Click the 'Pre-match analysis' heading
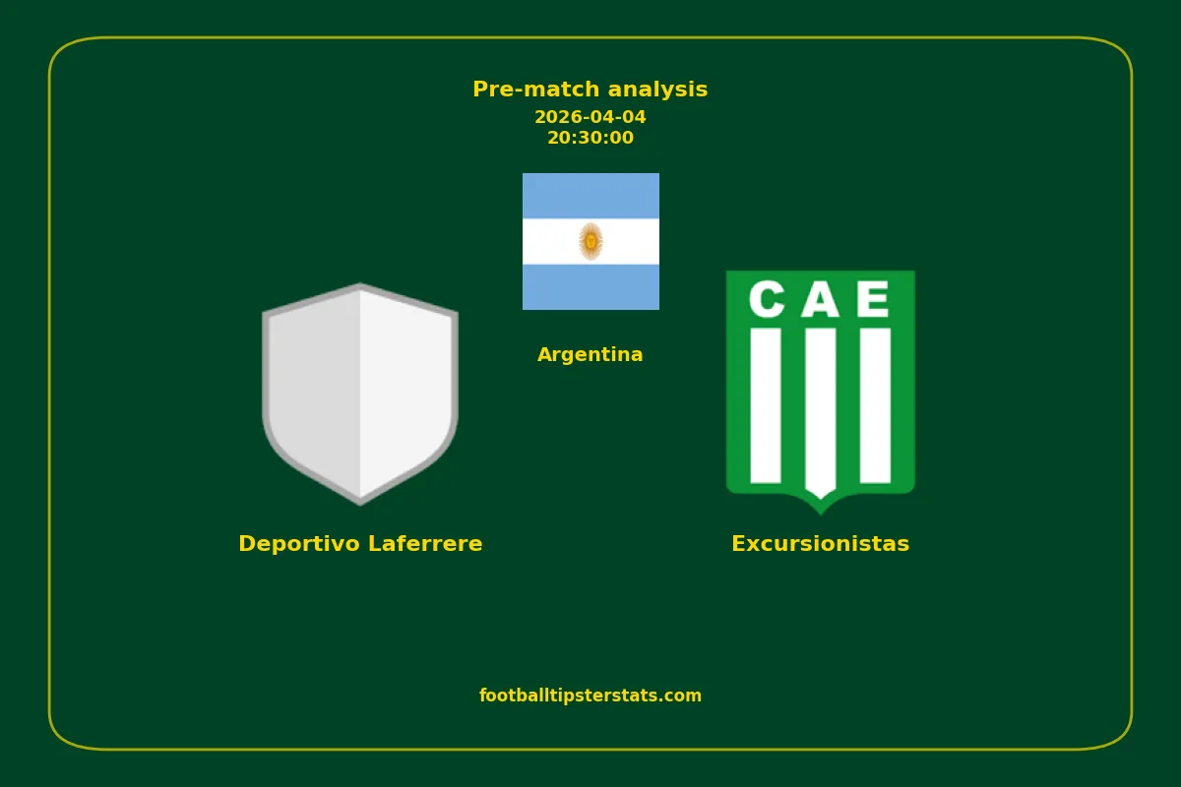click(590, 90)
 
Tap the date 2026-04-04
click(590, 117)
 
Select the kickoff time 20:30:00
click(590, 138)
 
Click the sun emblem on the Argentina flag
click(590, 241)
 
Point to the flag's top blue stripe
click(590, 196)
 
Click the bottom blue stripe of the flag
click(590, 286)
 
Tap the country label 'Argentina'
click(590, 354)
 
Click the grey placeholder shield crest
click(360, 394)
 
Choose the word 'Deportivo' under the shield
click(299, 543)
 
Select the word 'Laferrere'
click(425, 543)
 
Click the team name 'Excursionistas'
click(821, 543)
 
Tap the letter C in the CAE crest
click(767, 299)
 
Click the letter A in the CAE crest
click(820, 299)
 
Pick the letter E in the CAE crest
click(873, 299)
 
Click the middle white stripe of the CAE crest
click(821, 412)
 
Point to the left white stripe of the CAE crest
click(766, 405)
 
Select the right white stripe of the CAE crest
click(875, 405)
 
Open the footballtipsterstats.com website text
click(590, 696)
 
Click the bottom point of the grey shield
click(360, 505)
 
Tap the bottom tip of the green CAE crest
click(821, 514)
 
